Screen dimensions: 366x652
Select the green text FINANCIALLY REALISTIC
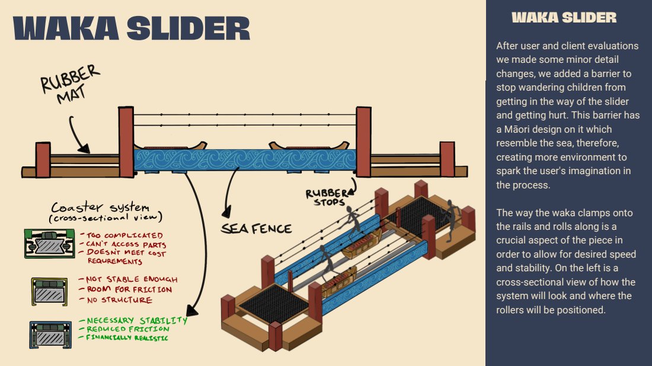pyautogui.click(x=127, y=338)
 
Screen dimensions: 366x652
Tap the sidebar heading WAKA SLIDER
pyautogui.click(x=564, y=18)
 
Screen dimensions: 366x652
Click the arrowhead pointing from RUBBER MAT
pyautogui.click(x=84, y=149)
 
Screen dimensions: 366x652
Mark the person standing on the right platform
pyautogui.click(x=452, y=218)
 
